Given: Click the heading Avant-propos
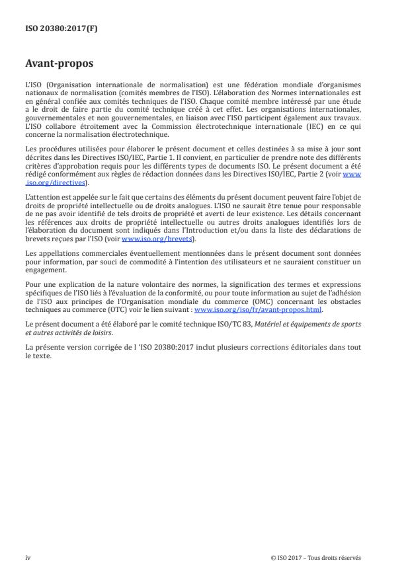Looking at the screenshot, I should pos(58,65).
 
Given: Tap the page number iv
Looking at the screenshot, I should pos(28,557).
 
